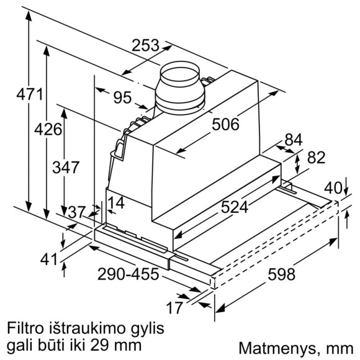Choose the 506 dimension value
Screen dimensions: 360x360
click(x=225, y=125)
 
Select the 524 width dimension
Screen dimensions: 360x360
click(x=235, y=207)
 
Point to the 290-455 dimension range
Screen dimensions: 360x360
click(x=129, y=273)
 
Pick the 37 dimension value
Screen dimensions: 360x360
click(x=77, y=213)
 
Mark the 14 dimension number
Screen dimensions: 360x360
click(x=115, y=203)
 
